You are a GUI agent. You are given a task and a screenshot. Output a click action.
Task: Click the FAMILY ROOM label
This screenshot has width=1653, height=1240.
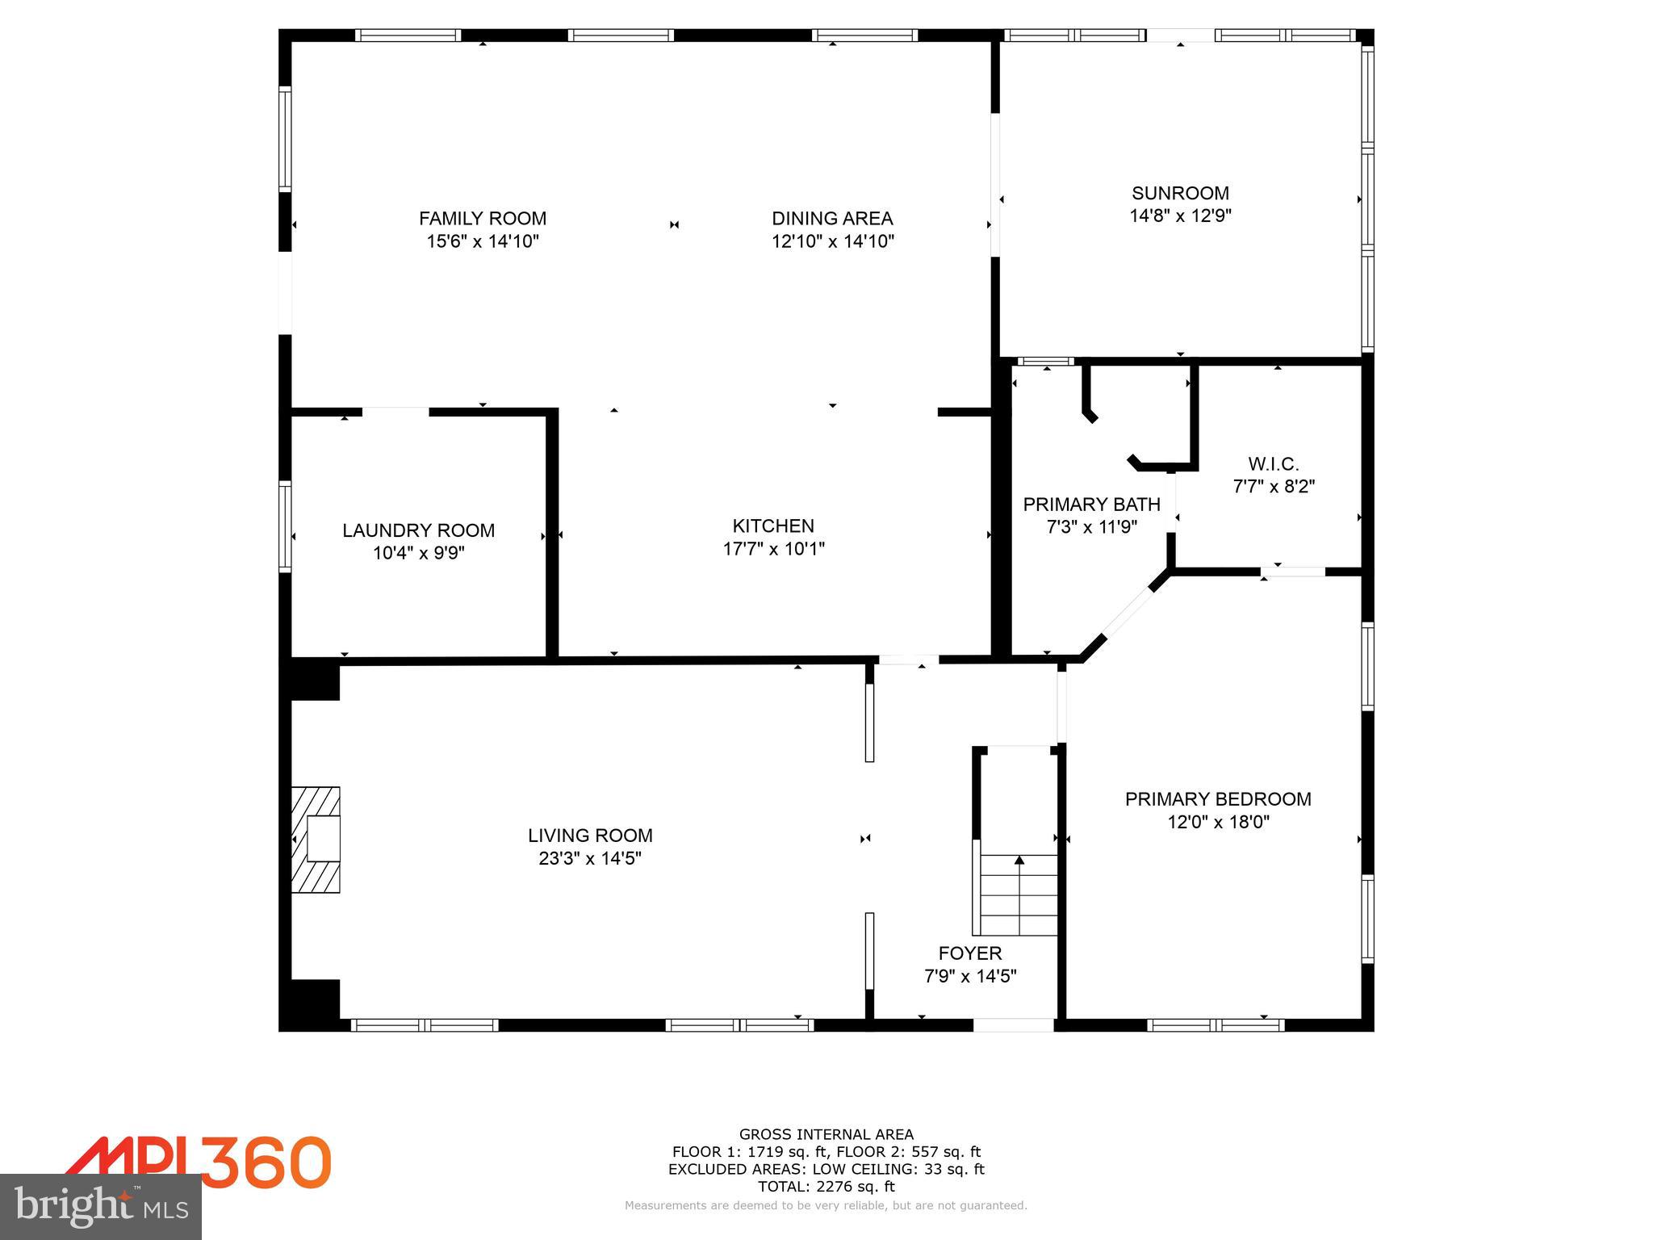coord(482,218)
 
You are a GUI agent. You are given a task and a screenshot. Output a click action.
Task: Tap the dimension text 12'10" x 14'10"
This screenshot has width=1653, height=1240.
coord(832,241)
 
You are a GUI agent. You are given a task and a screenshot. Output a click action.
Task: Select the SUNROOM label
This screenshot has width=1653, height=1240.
coord(1180,193)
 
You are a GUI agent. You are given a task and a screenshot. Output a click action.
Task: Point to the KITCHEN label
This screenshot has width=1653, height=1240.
coord(773,526)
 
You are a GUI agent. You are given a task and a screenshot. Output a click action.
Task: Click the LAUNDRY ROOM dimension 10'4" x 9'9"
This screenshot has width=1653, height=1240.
coord(418,553)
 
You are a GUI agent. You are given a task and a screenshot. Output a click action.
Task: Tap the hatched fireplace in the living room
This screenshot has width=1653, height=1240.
coord(316,840)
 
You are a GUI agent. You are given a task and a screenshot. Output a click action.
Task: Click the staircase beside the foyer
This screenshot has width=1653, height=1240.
coord(1019,894)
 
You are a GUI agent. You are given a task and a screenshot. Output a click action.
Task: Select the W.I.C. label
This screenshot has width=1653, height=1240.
coord(1273,464)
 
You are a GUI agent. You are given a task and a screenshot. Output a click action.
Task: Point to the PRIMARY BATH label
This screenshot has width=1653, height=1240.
coord(1091,505)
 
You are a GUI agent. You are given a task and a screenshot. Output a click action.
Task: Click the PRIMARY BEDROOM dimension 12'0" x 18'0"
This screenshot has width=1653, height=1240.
coord(1218,822)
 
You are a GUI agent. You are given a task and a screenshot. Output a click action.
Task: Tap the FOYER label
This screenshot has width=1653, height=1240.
coord(969,953)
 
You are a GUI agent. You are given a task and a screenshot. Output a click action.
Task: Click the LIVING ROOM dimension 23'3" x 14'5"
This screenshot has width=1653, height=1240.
coord(590,858)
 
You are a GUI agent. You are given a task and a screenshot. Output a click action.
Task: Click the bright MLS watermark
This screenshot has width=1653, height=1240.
coord(101,1207)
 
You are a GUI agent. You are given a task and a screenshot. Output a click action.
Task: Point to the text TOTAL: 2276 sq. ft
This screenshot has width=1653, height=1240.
coord(826,1187)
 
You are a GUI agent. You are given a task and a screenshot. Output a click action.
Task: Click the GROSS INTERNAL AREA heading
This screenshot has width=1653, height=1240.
coord(826,1134)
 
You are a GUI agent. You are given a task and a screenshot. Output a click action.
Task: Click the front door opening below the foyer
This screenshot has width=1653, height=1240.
coord(1013,1025)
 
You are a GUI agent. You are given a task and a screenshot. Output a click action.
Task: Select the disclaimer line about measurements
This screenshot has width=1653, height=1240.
coord(826,1205)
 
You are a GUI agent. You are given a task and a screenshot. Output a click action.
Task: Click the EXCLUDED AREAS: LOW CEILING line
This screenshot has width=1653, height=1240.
coord(826,1169)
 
